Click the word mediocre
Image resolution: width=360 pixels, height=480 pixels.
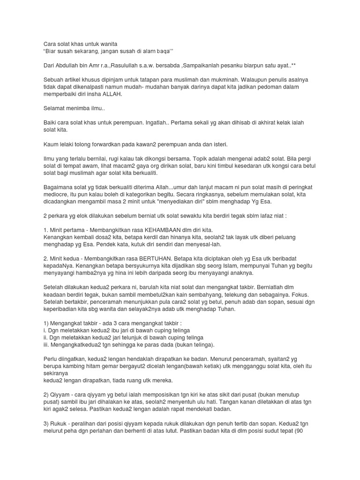tap(58, 194)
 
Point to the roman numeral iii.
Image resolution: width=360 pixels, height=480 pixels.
tap(46, 345)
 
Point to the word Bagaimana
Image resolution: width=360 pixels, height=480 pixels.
tap(59, 187)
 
